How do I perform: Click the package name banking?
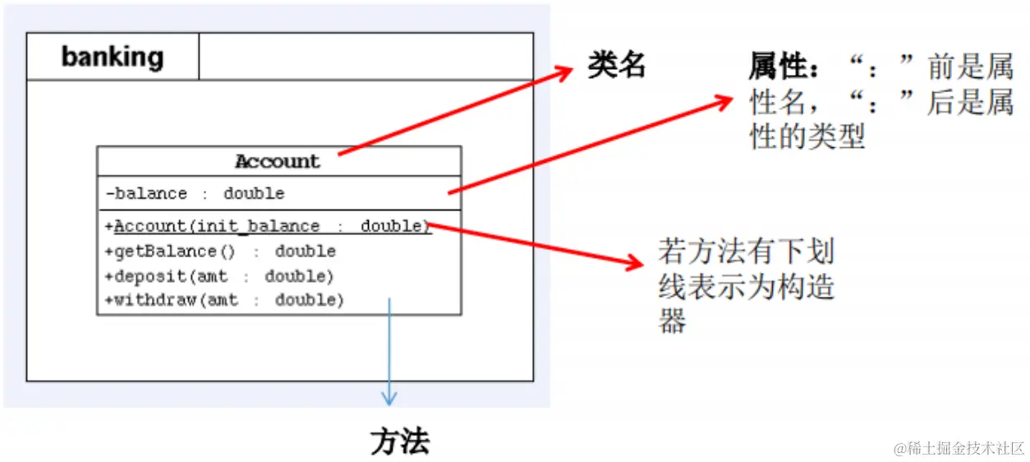(113, 57)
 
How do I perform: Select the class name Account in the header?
(278, 161)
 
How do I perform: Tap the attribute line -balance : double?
(195, 194)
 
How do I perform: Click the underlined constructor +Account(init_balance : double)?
(268, 226)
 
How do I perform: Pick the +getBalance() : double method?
(220, 251)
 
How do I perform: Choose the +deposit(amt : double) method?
(219, 275)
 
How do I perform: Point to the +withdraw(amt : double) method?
(224, 300)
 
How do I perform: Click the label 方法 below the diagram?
(400, 442)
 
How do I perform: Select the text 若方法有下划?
(747, 250)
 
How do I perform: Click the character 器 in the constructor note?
(672, 321)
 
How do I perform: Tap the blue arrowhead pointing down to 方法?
(389, 398)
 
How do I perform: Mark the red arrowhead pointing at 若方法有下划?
(634, 264)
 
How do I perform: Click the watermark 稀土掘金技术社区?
(960, 448)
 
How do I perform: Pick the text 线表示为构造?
(747, 286)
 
